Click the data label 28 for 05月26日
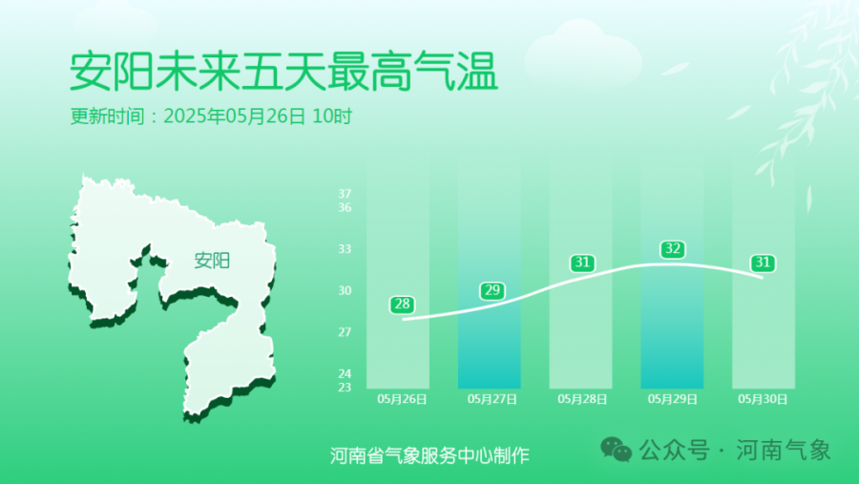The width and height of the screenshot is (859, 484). point(402,305)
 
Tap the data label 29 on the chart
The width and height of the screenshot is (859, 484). point(492,290)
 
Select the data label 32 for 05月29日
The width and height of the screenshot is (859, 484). point(672,249)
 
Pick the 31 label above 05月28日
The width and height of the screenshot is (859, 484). point(582,263)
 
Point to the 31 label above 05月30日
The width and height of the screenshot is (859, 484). point(763,263)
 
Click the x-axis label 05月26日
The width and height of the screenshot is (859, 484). point(402,399)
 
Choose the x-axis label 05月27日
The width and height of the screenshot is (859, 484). point(492,399)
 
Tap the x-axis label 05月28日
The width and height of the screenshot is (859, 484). point(582,399)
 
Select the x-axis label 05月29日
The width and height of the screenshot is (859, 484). point(672,399)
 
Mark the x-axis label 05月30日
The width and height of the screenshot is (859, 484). point(763,399)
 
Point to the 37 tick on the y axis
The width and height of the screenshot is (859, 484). point(345,194)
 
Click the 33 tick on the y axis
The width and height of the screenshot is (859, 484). point(345,249)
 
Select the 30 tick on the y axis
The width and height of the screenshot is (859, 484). point(345,290)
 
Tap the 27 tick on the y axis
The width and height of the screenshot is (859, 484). point(345,331)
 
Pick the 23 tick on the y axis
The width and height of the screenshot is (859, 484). point(345,388)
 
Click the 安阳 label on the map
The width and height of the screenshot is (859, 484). point(212,261)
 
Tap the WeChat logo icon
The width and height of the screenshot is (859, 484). point(617,450)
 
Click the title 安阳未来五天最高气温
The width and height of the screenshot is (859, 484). point(283,72)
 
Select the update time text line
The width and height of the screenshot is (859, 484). point(211,116)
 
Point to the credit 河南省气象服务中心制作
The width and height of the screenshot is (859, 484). point(429,455)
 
